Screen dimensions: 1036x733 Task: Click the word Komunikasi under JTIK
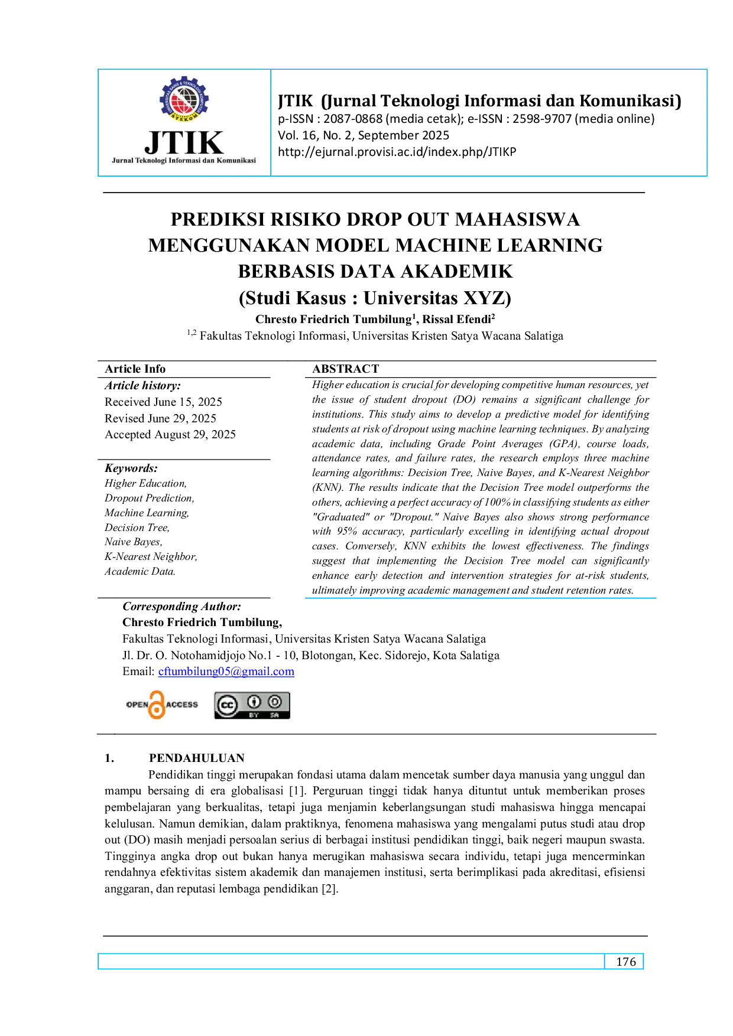click(x=236, y=161)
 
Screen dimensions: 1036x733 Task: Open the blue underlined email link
click(x=227, y=672)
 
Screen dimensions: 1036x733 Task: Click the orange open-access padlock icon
click(x=157, y=705)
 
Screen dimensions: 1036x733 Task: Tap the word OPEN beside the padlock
click(x=137, y=705)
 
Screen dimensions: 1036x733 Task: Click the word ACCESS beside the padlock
click(x=182, y=705)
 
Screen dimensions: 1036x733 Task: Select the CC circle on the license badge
click(x=227, y=705)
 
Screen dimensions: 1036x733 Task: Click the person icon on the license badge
click(x=254, y=702)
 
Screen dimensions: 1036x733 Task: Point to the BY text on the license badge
click(x=254, y=715)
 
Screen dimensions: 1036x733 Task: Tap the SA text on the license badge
click(x=274, y=715)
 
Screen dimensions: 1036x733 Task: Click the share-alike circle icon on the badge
click(x=274, y=702)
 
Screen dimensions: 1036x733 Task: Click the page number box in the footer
click(x=626, y=960)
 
